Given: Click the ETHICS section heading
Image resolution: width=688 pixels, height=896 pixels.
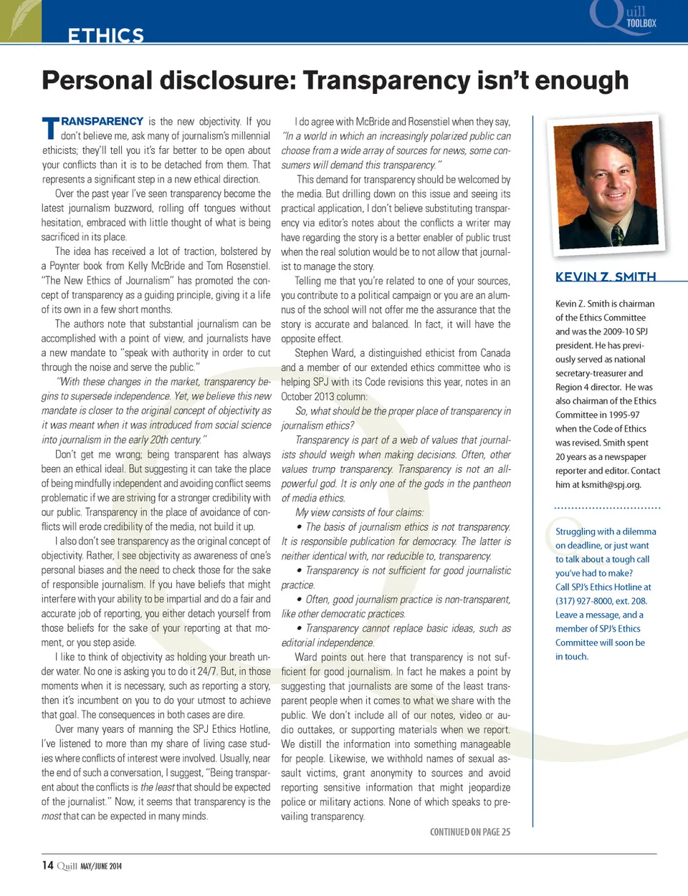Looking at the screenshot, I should (105, 35).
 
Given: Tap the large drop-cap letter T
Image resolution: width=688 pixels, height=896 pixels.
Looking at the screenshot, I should (50, 129).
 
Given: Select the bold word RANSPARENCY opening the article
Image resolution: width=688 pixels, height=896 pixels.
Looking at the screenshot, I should (102, 122).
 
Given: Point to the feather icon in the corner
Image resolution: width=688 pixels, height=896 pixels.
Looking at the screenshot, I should (20, 20).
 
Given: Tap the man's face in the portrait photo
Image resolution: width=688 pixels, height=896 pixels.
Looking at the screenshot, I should (611, 179).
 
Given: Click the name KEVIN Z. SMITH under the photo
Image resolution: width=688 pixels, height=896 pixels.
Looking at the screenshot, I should (606, 276).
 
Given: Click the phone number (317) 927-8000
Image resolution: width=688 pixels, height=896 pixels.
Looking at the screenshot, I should (590, 601).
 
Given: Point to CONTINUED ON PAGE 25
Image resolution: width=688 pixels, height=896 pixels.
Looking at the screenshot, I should (470, 832).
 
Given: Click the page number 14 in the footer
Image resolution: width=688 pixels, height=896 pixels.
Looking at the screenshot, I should (47, 865).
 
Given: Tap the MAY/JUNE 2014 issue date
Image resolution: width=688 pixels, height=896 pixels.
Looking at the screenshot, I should (101, 866).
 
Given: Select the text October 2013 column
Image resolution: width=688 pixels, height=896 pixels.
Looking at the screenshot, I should (324, 397).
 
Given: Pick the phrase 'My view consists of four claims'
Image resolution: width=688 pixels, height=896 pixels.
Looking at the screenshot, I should (359, 512).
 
